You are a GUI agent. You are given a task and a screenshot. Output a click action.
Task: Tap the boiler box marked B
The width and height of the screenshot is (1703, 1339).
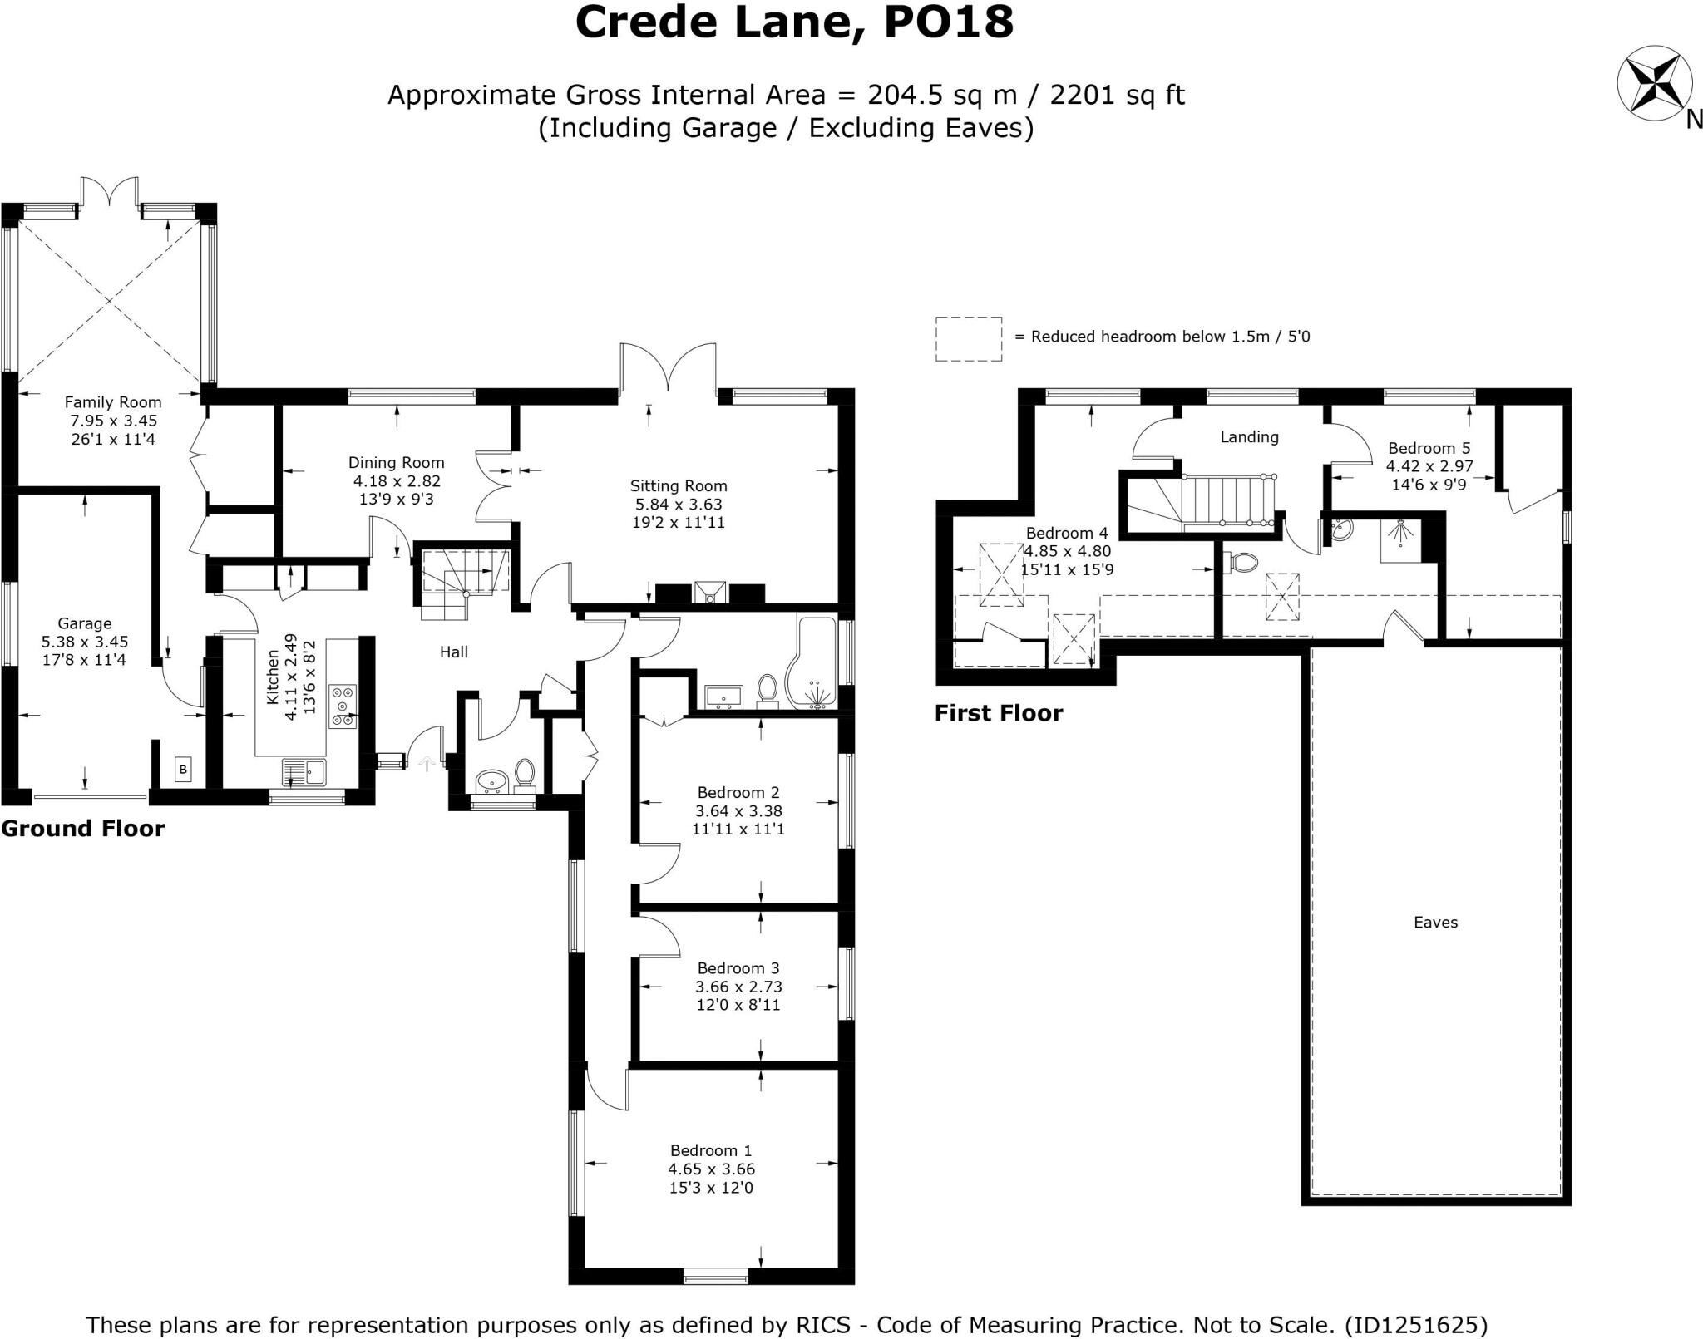coord(184,770)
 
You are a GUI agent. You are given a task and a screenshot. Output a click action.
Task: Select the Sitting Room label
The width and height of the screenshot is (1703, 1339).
coord(678,486)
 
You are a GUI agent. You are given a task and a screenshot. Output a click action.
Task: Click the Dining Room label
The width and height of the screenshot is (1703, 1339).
coord(396,463)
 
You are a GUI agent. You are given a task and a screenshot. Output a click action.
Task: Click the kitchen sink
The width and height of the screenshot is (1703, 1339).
coord(304,773)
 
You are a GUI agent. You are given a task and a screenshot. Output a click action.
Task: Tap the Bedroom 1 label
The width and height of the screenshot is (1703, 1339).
coord(711,1150)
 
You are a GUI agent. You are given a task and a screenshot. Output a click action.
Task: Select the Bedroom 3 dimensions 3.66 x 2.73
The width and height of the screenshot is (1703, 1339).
coord(738,987)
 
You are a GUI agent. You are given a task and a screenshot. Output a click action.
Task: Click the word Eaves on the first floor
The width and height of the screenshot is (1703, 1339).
coord(1435,922)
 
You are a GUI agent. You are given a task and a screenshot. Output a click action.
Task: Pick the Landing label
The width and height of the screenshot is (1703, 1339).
coord(1249,437)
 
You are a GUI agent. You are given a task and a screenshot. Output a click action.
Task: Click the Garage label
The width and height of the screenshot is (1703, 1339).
coord(84,623)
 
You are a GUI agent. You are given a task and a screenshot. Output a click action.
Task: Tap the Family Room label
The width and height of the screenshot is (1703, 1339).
coord(113,402)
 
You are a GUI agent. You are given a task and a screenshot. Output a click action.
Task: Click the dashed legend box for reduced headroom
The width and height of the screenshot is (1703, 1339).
coord(968,338)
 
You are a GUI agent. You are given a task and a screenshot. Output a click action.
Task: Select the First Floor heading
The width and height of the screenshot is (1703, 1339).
coord(998,713)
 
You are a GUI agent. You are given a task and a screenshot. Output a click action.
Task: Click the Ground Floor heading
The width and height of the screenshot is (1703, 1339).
coord(83,829)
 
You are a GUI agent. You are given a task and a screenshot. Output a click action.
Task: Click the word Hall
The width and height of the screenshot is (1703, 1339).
coord(453,652)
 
